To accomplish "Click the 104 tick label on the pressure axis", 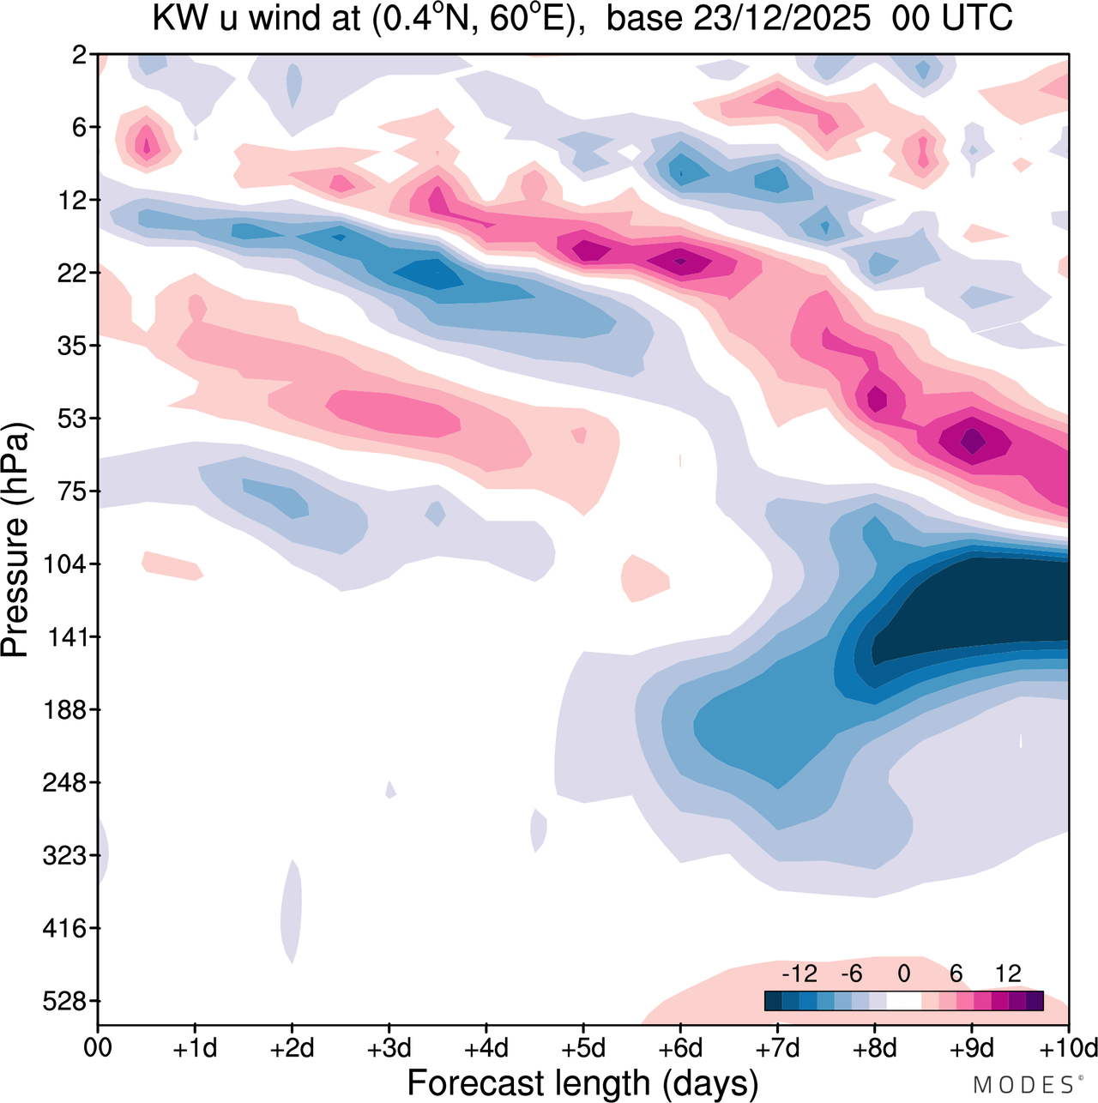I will click(x=66, y=564).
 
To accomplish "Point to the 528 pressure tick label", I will click(x=66, y=1001).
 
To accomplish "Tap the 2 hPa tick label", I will click(x=80, y=55).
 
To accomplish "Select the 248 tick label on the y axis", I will click(x=66, y=783).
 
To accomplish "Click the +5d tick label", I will click(x=583, y=1048).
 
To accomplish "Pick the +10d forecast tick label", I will click(x=1069, y=1048).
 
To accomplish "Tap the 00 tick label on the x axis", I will click(x=98, y=1048).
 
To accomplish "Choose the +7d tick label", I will click(x=777, y=1048).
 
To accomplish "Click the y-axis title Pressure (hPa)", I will click(x=15, y=540).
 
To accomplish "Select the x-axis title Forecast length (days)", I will click(x=582, y=1083).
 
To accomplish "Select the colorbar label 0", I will click(x=903, y=973).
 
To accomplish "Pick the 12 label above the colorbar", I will click(x=1008, y=973).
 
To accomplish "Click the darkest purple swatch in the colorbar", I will click(x=1035, y=1001).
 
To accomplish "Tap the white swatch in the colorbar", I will click(x=903, y=1001).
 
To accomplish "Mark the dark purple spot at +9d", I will click(x=972, y=441).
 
